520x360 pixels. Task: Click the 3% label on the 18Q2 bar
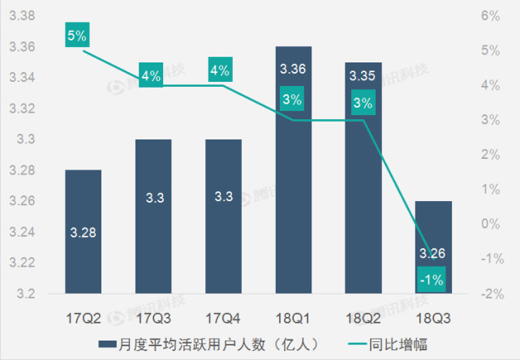[363, 103]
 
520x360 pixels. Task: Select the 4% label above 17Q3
[153, 76]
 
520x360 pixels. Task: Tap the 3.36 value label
[293, 69]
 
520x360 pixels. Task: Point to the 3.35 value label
[363, 75]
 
